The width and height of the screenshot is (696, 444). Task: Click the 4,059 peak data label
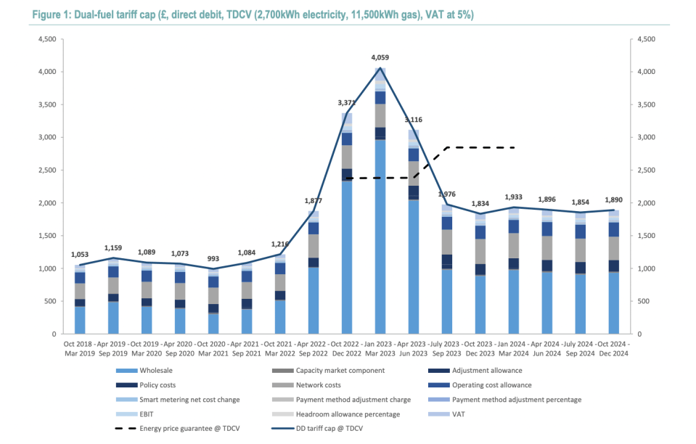380,57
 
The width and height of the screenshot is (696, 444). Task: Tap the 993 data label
213,259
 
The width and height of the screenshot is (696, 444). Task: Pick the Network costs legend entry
316,385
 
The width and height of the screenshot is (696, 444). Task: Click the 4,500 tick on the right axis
646,39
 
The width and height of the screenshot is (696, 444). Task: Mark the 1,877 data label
314,201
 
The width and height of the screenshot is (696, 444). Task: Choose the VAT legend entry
459,414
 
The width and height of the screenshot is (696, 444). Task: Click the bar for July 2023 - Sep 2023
447,276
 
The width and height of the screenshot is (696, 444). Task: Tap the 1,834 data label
479,204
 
